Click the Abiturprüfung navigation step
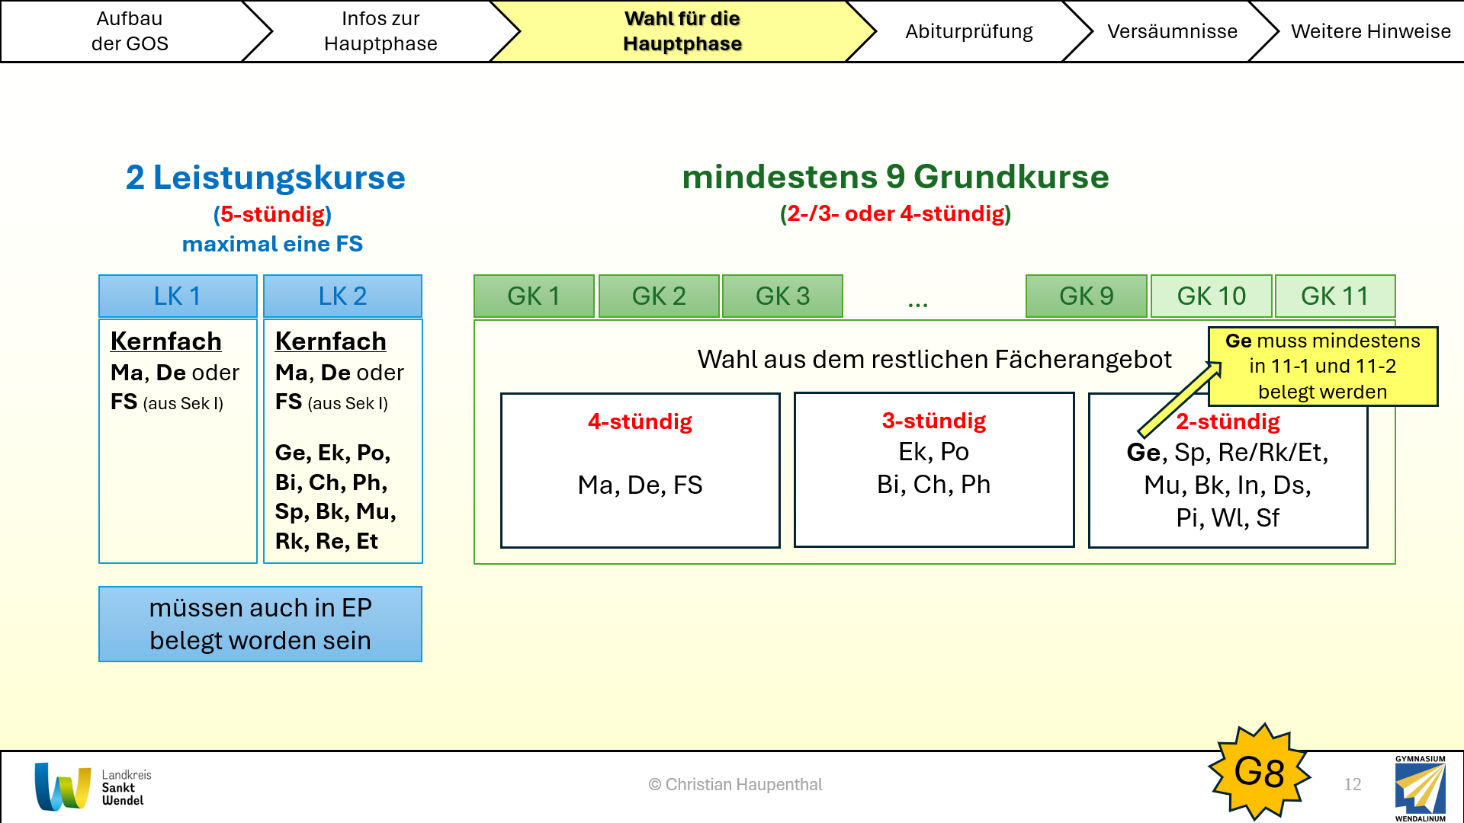click(968, 31)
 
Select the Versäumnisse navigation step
click(1172, 31)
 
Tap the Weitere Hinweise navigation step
click(1370, 31)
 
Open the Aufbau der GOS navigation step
click(130, 31)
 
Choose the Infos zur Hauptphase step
click(380, 31)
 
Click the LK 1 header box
click(178, 296)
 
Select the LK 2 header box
click(342, 296)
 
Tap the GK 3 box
click(782, 296)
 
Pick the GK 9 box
click(1087, 296)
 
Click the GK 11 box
click(1335, 296)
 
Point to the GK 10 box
click(1211, 296)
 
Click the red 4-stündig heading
click(640, 421)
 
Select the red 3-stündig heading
click(934, 421)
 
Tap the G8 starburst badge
click(1260, 771)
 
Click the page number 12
click(1353, 784)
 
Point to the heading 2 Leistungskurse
click(265, 178)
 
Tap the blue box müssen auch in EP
click(260, 624)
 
